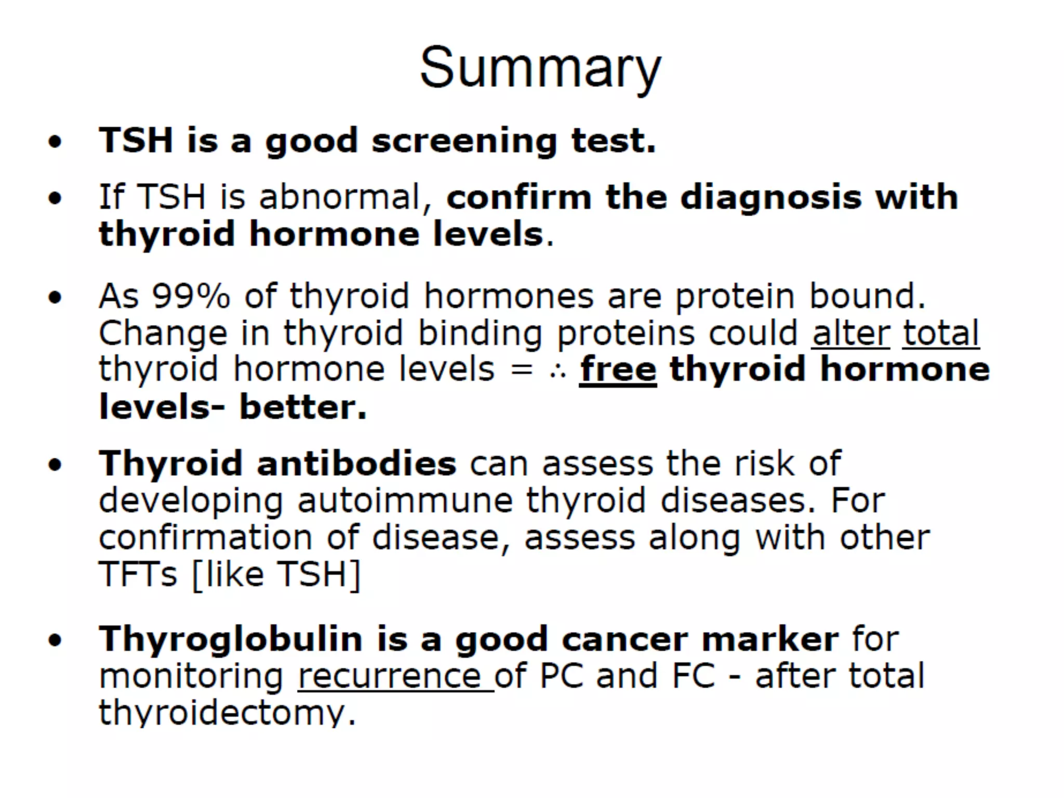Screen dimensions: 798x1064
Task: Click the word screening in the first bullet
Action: [464, 141]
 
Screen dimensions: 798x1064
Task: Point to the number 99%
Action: [191, 296]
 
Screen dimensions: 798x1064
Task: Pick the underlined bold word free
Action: [618, 369]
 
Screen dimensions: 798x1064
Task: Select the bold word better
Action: [303, 407]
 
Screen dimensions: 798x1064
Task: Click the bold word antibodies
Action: [356, 463]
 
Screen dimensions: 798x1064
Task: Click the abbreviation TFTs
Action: [138, 574]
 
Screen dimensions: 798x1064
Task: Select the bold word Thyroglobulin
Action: [231, 639]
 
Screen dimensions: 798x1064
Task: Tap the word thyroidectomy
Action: [227, 713]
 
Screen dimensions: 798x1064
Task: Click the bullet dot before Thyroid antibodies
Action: [55, 465]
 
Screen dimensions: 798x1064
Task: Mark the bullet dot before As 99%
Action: [55, 298]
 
